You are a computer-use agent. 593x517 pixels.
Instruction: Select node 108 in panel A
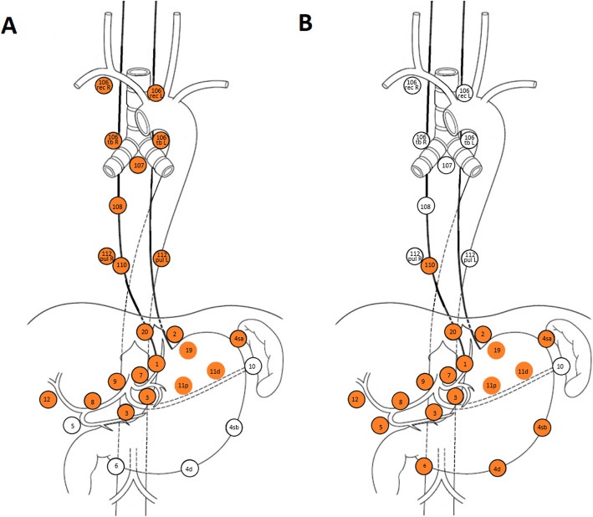[x=118, y=205]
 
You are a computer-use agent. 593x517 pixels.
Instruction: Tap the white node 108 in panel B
[x=426, y=205]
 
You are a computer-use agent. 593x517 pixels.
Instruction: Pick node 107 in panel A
[x=139, y=166]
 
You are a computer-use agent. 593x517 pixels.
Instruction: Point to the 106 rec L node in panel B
[x=464, y=94]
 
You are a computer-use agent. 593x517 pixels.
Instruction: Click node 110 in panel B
[x=431, y=265]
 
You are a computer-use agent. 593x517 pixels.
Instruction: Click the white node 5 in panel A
[x=73, y=426]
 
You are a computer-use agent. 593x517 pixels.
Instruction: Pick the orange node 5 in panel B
[x=381, y=426]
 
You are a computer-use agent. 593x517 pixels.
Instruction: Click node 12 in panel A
[x=47, y=400]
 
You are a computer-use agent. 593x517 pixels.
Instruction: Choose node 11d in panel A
[x=215, y=371]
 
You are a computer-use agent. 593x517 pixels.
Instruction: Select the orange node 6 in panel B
[x=425, y=465]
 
